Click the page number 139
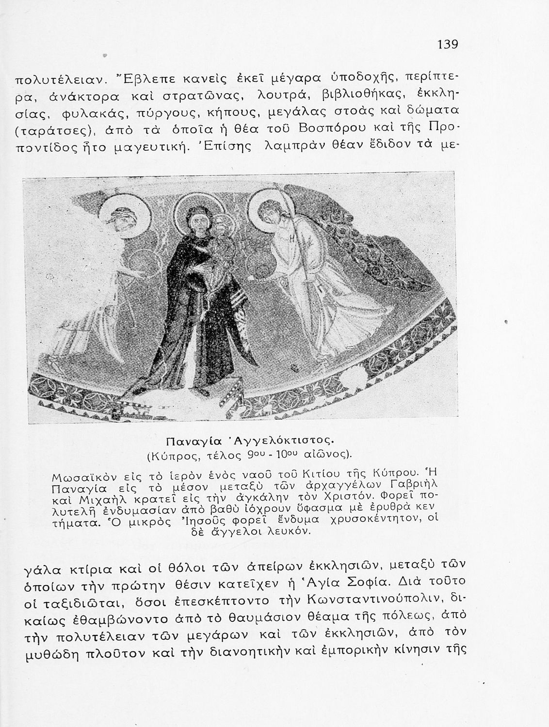click(447, 45)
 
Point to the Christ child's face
click(224, 223)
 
